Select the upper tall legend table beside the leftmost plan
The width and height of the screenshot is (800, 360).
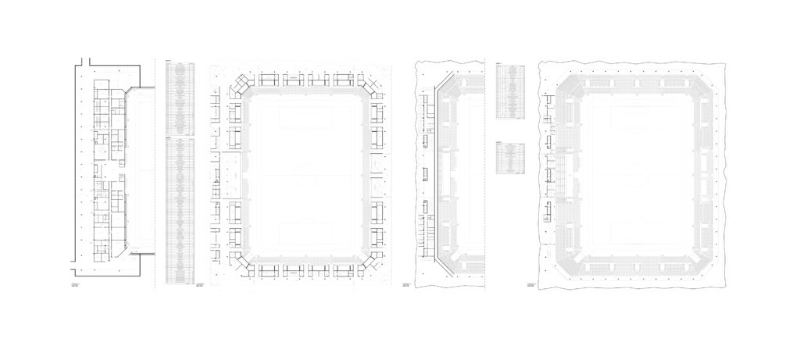tap(180, 94)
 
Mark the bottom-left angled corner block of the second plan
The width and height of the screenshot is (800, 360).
tap(241, 263)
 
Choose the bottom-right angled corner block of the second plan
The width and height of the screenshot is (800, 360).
tap(370, 263)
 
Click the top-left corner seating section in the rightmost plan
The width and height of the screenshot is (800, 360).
tap(568, 89)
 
